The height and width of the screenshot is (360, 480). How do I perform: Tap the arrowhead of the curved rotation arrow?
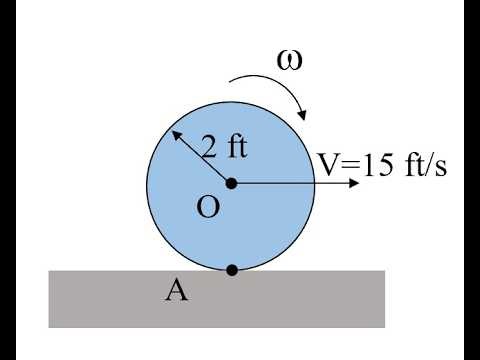(x=303, y=118)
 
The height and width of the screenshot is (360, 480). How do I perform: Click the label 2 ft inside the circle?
(x=224, y=147)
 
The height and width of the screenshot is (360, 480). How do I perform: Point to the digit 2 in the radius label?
(x=210, y=147)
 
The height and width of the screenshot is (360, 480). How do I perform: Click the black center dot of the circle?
(x=232, y=183)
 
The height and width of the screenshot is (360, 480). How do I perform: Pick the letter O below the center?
(x=209, y=207)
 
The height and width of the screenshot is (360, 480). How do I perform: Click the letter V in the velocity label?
(x=328, y=164)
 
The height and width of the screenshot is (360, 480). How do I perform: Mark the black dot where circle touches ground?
(x=232, y=269)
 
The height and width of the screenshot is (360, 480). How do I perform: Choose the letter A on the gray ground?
(x=176, y=291)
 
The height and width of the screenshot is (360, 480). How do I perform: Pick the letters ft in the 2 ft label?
(x=235, y=147)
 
